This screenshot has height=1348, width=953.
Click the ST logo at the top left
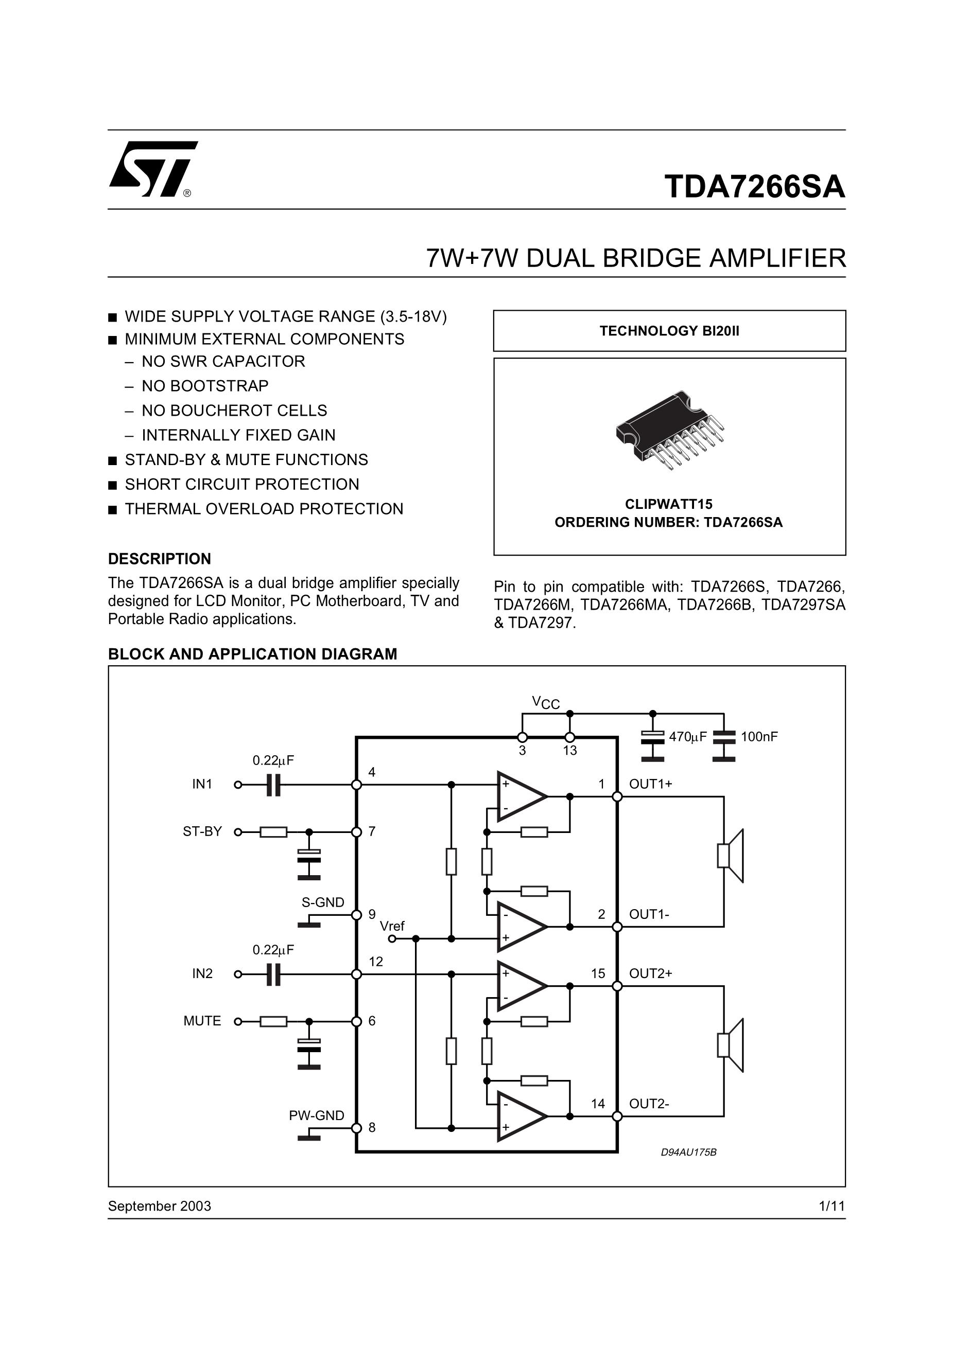[153, 169]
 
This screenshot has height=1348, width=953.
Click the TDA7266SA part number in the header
[754, 187]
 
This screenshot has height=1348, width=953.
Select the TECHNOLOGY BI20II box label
[669, 331]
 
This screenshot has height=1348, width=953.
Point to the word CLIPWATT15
[669, 504]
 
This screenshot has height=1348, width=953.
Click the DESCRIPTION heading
[159, 558]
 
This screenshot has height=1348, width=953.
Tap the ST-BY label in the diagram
[202, 831]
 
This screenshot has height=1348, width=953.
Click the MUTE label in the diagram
[202, 1021]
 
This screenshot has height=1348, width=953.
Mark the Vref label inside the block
[392, 927]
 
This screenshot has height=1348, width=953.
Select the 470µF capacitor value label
[688, 737]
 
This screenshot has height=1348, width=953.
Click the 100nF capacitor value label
[759, 737]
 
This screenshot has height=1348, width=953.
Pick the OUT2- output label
[649, 1104]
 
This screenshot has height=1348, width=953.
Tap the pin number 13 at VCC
[570, 750]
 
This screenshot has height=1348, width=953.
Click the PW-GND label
[316, 1115]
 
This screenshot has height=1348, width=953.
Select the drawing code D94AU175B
[688, 1152]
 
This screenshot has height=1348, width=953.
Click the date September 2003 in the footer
[159, 1206]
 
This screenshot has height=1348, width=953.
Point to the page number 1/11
[832, 1206]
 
